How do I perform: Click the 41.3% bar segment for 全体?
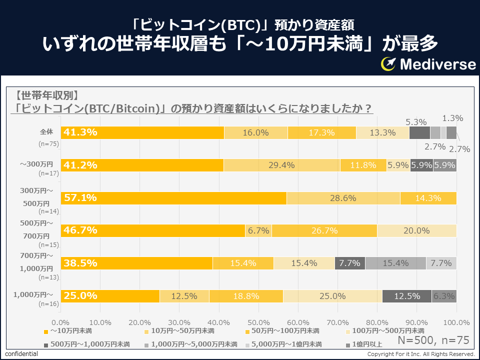142,133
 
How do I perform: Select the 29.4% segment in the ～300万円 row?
282,165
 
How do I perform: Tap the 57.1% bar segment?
173,198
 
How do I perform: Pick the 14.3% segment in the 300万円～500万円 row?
428,198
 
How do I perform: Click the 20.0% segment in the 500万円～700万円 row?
416,230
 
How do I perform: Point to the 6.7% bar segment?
258,230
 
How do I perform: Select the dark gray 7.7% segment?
349,263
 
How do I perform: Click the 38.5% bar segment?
136,263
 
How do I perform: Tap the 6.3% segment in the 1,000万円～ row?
444,296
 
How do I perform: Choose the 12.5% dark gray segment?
407,296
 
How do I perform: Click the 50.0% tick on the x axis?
258,322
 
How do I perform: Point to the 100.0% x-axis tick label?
456,322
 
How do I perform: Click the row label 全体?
46,132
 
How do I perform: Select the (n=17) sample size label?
48,174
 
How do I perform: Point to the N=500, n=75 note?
433,340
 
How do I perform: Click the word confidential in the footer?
21,354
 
